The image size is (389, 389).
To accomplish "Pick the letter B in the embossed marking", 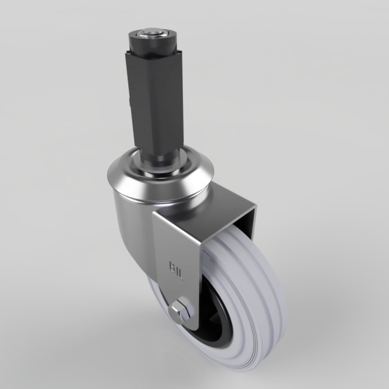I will pos(172,265).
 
